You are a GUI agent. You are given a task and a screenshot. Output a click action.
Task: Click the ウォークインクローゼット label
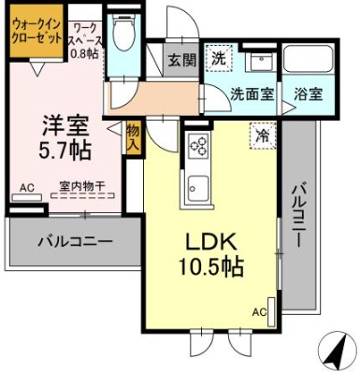(36, 37)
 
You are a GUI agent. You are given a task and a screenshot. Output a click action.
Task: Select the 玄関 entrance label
(180, 61)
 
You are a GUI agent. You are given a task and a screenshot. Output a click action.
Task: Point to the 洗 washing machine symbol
(219, 58)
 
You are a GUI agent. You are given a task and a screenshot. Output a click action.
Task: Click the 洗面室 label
(252, 93)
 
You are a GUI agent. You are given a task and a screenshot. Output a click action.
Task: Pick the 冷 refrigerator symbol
(263, 136)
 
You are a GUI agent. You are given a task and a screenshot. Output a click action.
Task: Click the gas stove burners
(199, 145)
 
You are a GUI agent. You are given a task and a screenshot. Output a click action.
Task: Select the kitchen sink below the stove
(199, 183)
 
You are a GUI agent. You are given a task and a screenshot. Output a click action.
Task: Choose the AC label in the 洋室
(26, 188)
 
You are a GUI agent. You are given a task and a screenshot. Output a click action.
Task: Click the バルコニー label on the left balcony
(75, 241)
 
